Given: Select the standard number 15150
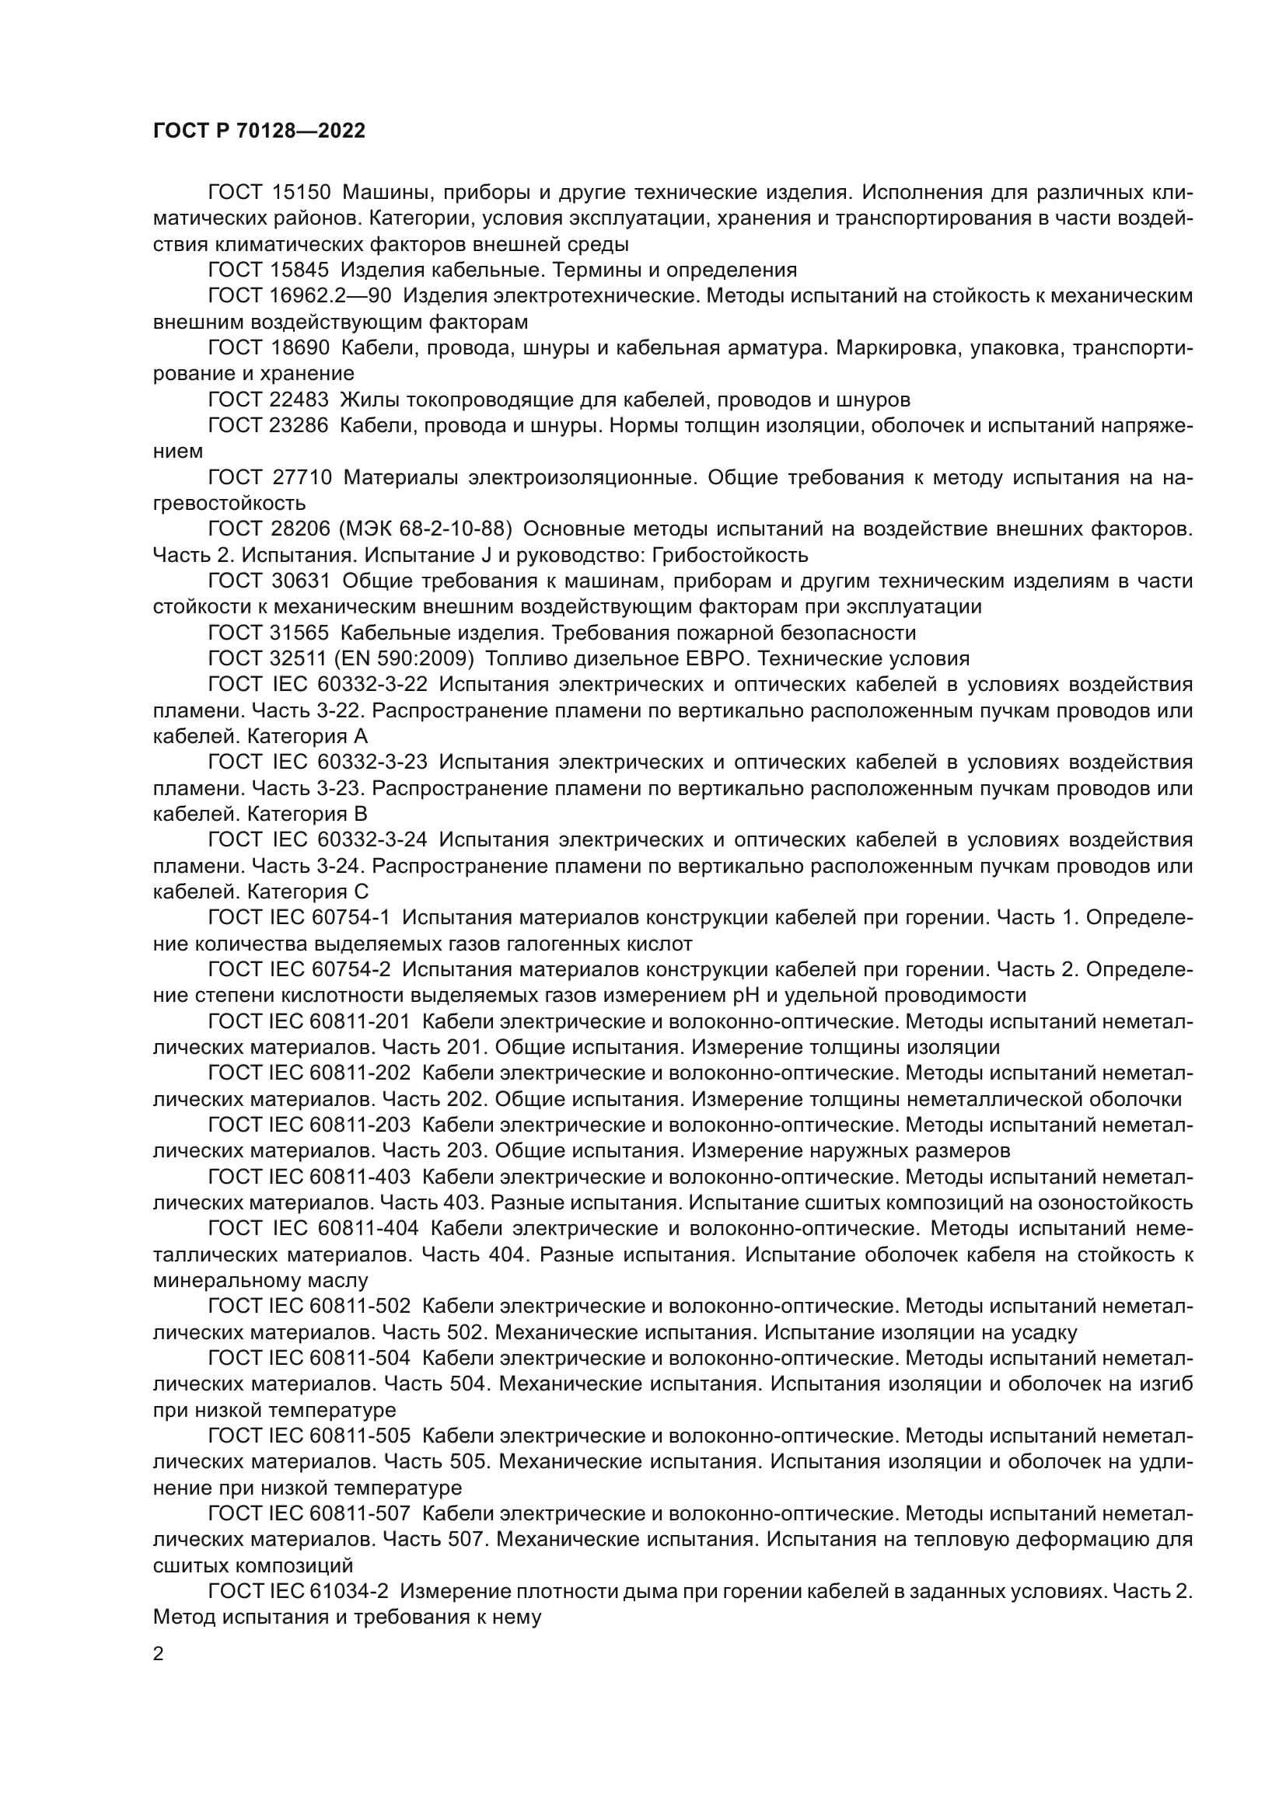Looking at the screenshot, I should (x=300, y=193).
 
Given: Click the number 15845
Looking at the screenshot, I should (x=300, y=270).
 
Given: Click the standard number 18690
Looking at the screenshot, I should (x=300, y=347).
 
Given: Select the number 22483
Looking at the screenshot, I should (x=300, y=399).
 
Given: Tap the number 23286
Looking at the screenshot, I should (x=300, y=425).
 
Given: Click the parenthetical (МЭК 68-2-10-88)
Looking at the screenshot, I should (x=426, y=529).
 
